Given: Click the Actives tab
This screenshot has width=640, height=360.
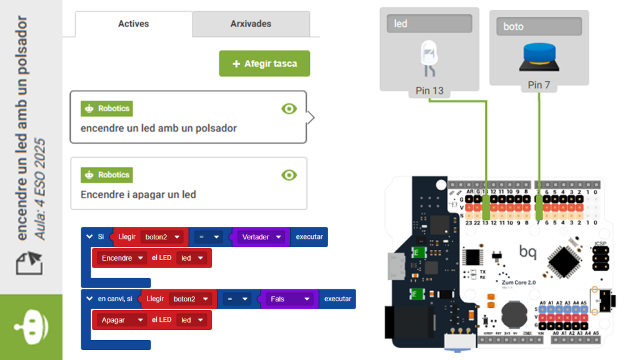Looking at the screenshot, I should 133,24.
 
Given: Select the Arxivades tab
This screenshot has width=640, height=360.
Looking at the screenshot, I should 251,24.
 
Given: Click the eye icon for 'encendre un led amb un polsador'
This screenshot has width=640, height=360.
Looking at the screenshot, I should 289,109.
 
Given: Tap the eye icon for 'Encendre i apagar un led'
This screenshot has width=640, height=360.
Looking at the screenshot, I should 289,175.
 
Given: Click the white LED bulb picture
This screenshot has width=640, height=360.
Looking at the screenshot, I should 429,58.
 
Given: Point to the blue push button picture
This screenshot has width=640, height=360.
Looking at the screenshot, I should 538,57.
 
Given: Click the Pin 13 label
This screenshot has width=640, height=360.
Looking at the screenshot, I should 429,91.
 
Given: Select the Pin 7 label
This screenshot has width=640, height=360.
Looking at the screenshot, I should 539,84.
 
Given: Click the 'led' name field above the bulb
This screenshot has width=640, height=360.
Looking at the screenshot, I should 429,24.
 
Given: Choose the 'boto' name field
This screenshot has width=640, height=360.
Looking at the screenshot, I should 539,26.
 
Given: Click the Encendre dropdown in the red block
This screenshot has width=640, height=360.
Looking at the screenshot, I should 121,257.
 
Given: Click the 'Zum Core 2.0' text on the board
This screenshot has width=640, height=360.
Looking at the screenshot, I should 516,282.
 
